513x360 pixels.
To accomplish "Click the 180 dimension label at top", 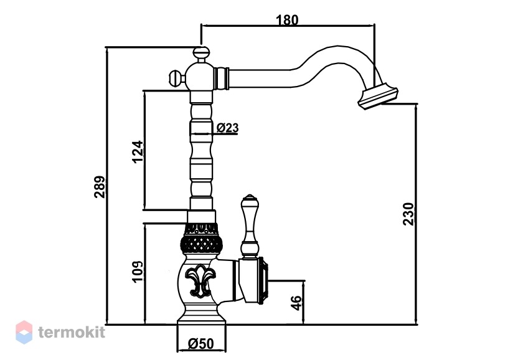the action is point(287,20).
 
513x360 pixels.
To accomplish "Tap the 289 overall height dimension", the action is point(100,187).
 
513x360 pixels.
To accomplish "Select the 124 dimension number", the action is point(138,151).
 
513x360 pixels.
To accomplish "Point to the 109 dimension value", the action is point(138,272).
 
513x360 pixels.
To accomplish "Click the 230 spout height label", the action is point(408,214).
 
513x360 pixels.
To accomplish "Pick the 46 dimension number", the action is point(296,303).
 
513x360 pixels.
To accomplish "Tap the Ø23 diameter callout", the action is point(227,127).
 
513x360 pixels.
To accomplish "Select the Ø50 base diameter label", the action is point(201,343).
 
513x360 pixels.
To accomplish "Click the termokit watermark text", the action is point(72,332).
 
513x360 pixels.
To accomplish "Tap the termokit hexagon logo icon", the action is point(24,332).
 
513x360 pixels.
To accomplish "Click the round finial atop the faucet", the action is point(201,52).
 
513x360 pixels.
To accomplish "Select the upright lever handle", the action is point(249,227).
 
